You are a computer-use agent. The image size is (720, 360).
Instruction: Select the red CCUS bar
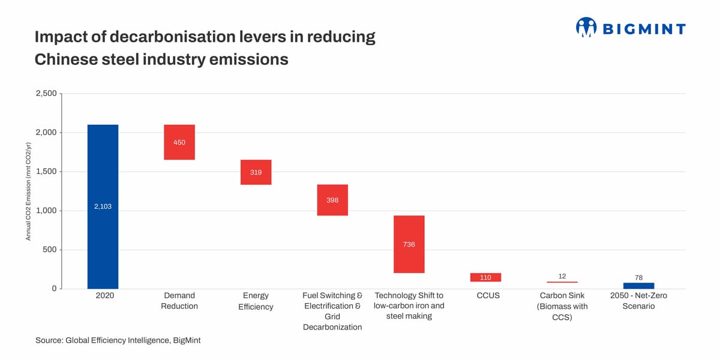(x=485, y=277)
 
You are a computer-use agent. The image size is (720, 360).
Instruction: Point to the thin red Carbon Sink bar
(x=562, y=282)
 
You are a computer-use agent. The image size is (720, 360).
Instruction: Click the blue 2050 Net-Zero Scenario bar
(x=638, y=286)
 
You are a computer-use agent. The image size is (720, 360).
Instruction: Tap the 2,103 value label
(x=103, y=206)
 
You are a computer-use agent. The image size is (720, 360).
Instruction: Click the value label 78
(x=638, y=278)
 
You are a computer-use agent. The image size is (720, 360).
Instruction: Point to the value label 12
(x=562, y=276)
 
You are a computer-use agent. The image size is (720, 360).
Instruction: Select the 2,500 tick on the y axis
(x=46, y=94)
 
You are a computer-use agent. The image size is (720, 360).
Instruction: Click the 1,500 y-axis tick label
(x=46, y=172)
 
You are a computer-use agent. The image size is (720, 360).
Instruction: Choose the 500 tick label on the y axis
(x=49, y=250)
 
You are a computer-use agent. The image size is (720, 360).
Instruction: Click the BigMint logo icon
(x=586, y=28)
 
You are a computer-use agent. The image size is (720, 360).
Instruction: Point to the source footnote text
(x=118, y=340)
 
